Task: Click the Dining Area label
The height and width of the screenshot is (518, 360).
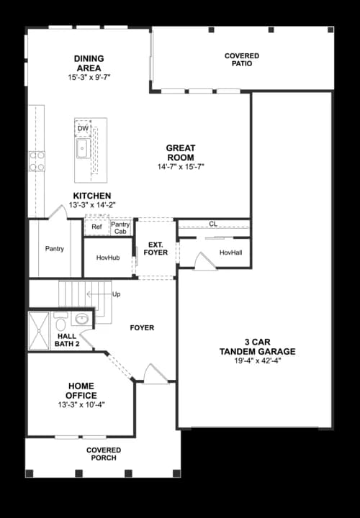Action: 89,63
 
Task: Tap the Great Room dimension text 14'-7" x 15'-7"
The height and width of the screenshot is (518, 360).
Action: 181,167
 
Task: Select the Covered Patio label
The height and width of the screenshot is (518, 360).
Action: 242,60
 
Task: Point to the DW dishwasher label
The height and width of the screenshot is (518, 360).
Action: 83,128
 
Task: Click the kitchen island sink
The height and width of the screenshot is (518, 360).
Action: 82,150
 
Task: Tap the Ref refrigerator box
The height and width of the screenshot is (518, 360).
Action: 96,227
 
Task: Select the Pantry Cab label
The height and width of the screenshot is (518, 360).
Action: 120,227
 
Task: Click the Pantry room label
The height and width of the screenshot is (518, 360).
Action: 55,249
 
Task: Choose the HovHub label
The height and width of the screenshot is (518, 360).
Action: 108,258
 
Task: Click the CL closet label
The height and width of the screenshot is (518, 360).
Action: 213,224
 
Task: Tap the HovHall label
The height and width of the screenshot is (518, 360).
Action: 230,253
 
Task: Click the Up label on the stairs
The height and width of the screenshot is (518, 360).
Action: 117,294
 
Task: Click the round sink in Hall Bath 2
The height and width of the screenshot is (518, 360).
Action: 82,318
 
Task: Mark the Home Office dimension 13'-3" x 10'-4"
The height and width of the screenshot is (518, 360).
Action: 81,404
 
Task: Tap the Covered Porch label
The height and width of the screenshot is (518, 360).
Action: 104,455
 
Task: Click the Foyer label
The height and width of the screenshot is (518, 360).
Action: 142,328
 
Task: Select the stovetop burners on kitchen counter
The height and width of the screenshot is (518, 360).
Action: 36,161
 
